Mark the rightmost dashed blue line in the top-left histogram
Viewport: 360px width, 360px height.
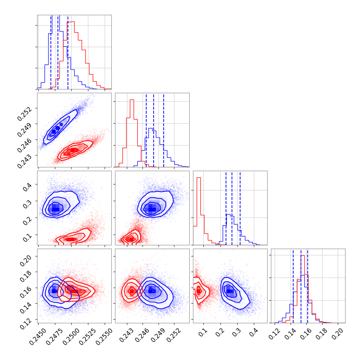coord(68,52)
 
